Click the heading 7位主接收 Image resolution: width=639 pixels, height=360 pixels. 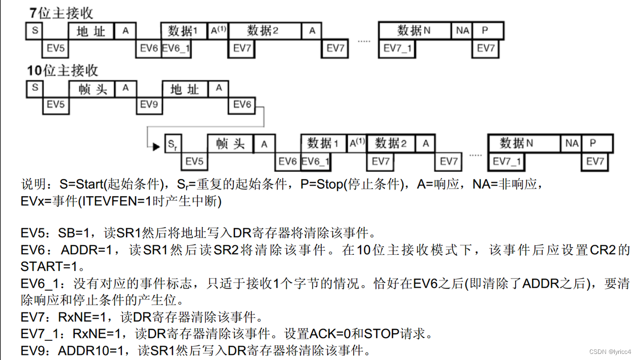[61, 13]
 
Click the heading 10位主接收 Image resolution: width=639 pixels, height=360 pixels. [63, 71]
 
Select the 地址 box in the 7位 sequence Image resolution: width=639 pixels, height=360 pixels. [91, 31]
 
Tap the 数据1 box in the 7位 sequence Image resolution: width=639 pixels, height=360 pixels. [183, 31]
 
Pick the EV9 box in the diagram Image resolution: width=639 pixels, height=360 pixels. [149, 105]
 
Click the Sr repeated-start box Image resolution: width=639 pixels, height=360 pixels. [173, 145]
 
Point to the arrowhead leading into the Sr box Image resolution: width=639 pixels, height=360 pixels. [156, 147]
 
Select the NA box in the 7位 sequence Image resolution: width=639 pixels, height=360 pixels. [462, 31]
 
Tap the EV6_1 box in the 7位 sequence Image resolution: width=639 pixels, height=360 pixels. [177, 49]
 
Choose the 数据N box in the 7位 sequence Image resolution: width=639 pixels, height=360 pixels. [414, 31]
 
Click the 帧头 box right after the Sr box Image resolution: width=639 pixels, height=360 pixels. [230, 144]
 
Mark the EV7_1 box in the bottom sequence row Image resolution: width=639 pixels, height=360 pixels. [507, 162]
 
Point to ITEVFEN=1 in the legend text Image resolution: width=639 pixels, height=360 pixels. [113, 201]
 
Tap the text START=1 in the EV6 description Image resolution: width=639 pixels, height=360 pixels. [51, 266]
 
